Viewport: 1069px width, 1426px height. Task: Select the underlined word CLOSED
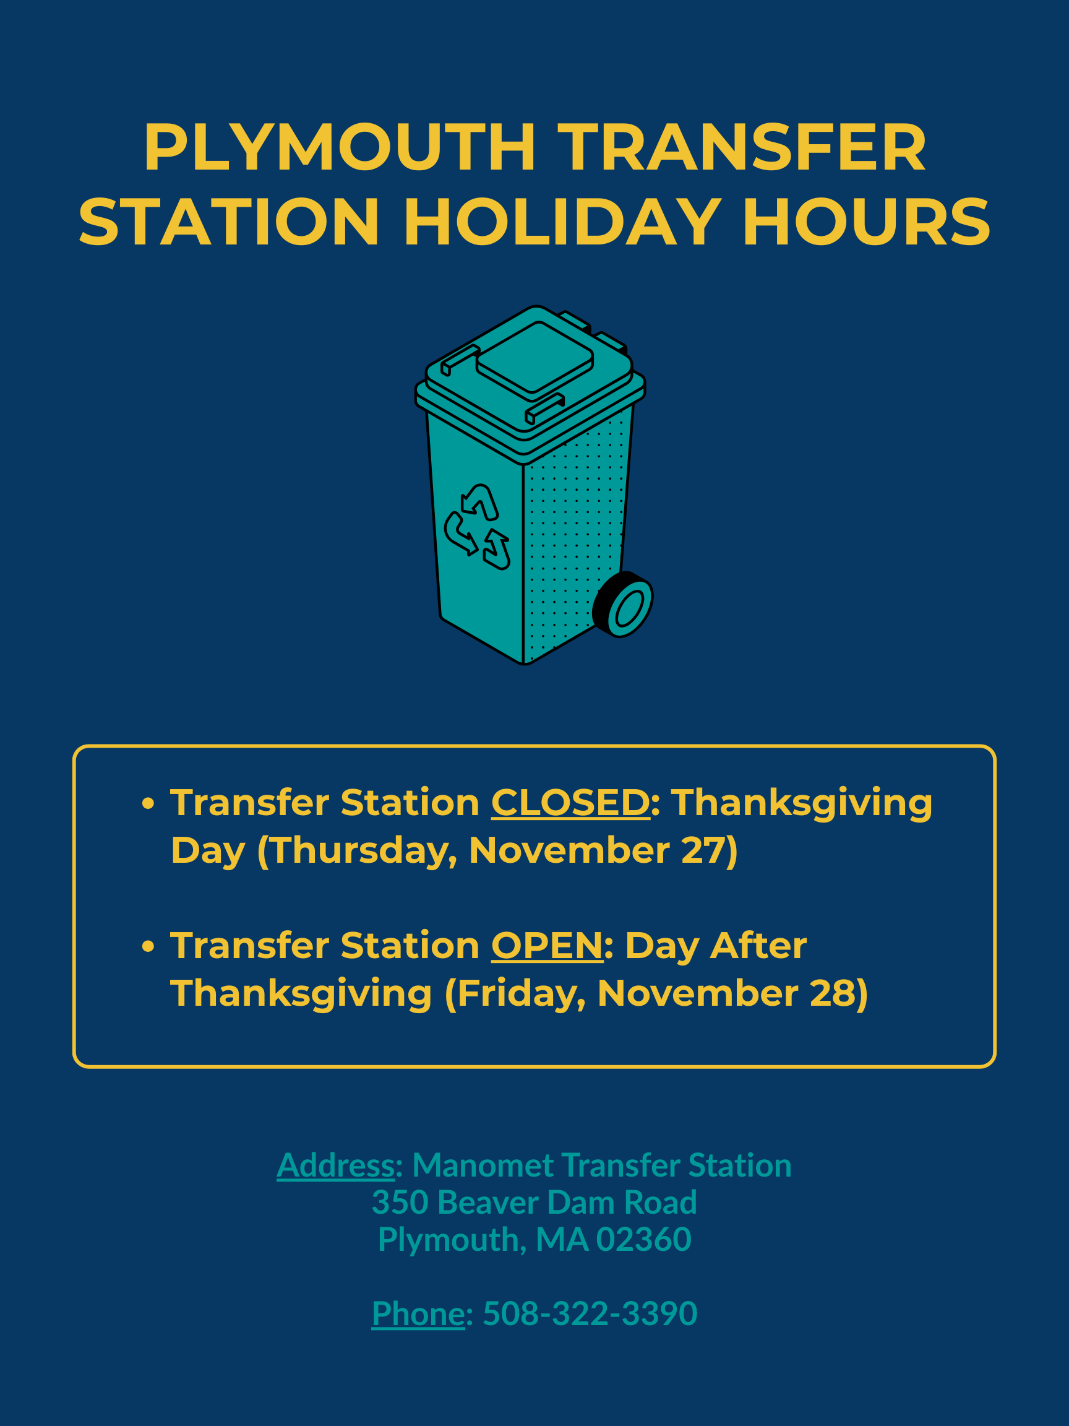pos(570,803)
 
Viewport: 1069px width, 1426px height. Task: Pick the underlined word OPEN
pos(547,945)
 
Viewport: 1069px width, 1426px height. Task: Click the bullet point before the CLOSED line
pos(148,803)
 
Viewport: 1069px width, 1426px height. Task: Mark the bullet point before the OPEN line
pos(148,946)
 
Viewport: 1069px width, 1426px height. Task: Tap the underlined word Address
pos(335,1165)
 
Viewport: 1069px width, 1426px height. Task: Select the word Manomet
pos(483,1165)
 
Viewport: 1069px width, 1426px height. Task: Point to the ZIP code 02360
pos(643,1239)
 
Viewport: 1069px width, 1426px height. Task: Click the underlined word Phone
pos(418,1313)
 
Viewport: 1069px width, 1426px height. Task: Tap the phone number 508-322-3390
pos(590,1313)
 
